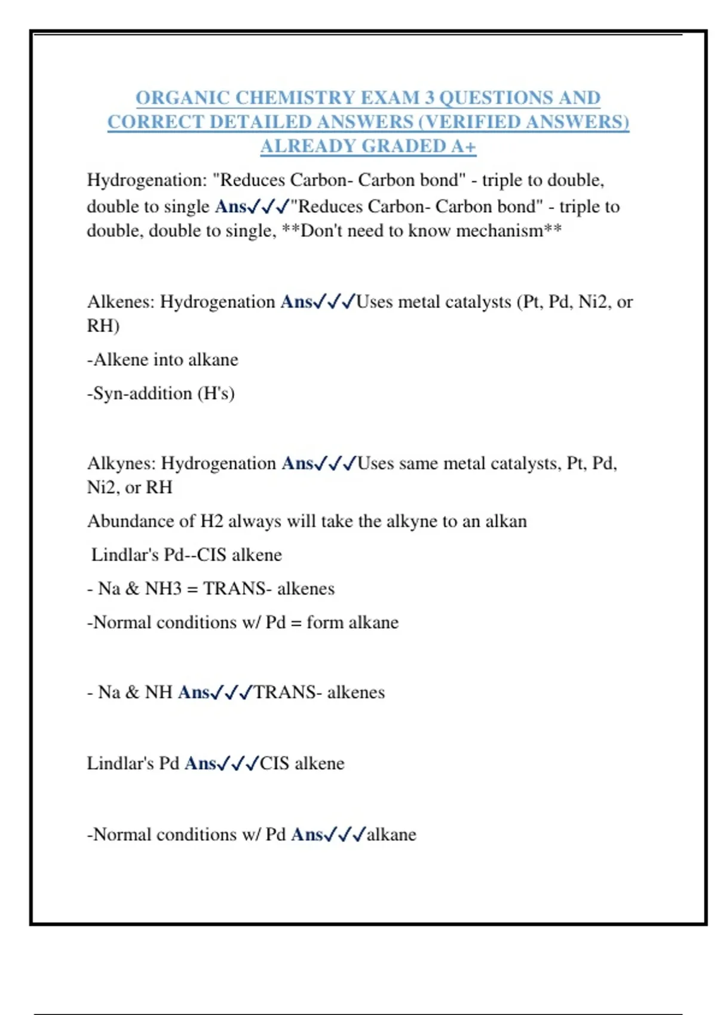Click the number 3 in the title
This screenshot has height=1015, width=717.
pos(430,97)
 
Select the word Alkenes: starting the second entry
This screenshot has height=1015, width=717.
pos(121,302)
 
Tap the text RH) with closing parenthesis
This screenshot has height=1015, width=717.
pos(103,326)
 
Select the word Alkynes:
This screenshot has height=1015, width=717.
pos(122,463)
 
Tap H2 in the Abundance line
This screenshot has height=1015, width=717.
pos(212,521)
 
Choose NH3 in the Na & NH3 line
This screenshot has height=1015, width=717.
pos(163,589)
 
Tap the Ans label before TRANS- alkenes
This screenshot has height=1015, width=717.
pos(194,692)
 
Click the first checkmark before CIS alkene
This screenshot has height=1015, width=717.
pos(223,764)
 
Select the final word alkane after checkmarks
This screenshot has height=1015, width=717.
pos(391,834)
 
